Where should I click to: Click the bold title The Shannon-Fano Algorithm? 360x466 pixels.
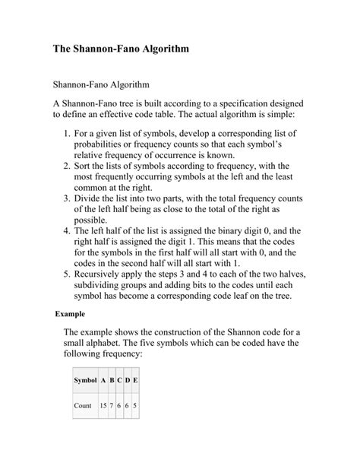click(x=120, y=48)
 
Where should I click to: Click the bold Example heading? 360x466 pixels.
click(x=69, y=313)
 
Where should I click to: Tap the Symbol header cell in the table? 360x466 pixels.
click(x=85, y=379)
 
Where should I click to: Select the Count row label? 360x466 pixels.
click(x=82, y=405)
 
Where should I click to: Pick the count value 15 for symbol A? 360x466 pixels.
click(x=103, y=405)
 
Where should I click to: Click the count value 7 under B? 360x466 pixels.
click(x=112, y=405)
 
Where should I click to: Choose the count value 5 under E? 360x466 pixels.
click(x=134, y=405)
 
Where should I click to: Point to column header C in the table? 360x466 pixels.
click(x=119, y=379)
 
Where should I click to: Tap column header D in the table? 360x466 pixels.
click(x=127, y=379)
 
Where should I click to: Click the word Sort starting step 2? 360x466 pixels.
click(x=84, y=164)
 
